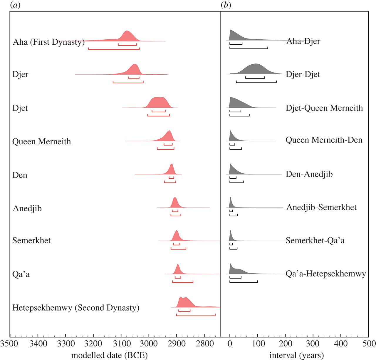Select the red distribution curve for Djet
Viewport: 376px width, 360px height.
click(x=159, y=103)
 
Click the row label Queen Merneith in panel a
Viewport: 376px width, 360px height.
click(x=42, y=142)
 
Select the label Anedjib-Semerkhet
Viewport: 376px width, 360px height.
click(x=321, y=207)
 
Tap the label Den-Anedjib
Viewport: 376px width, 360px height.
click(x=309, y=174)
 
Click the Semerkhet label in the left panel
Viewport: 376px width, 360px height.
click(x=31, y=241)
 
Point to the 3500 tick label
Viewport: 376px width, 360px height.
click(x=10, y=344)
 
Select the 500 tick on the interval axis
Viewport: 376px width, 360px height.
click(x=369, y=344)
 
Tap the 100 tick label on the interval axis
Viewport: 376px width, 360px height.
click(x=258, y=344)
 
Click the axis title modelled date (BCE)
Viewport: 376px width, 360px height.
click(x=109, y=355)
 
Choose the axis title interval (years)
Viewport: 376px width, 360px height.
click(x=296, y=355)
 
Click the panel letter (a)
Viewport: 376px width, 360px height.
click(x=15, y=5)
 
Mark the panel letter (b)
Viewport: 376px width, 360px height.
click(x=226, y=5)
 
